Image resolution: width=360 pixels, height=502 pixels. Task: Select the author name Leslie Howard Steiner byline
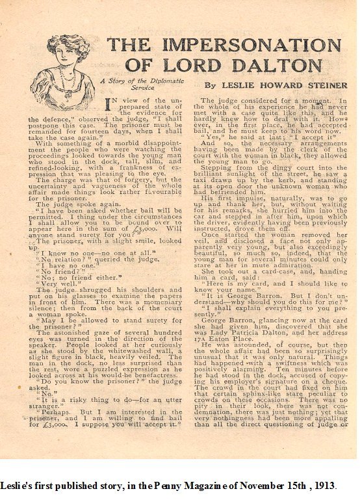(276, 85)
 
